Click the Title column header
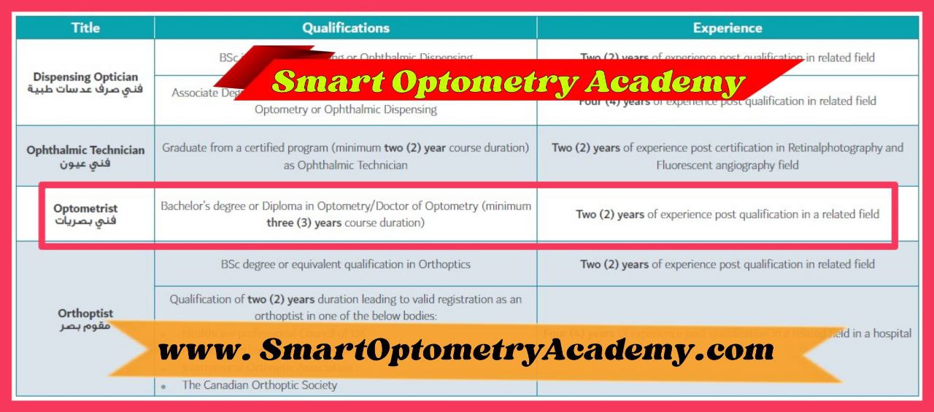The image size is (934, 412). click(x=85, y=28)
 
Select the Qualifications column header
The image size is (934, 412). click(x=346, y=28)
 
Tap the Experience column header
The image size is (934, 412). click(x=727, y=28)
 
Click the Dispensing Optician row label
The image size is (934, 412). click(x=85, y=77)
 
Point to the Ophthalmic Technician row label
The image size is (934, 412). click(x=85, y=150)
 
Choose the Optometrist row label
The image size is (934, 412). click(x=85, y=209)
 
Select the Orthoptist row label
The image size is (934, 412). click(x=85, y=314)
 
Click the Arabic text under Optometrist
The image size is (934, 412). click(x=85, y=221)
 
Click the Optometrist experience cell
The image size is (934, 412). click(x=727, y=214)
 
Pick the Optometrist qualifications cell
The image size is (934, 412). click(x=346, y=214)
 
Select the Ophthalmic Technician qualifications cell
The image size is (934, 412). click(x=346, y=156)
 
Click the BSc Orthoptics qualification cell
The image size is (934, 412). click(x=346, y=265)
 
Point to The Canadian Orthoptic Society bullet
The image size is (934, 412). click(x=259, y=385)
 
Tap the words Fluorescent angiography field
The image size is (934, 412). click(x=727, y=166)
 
